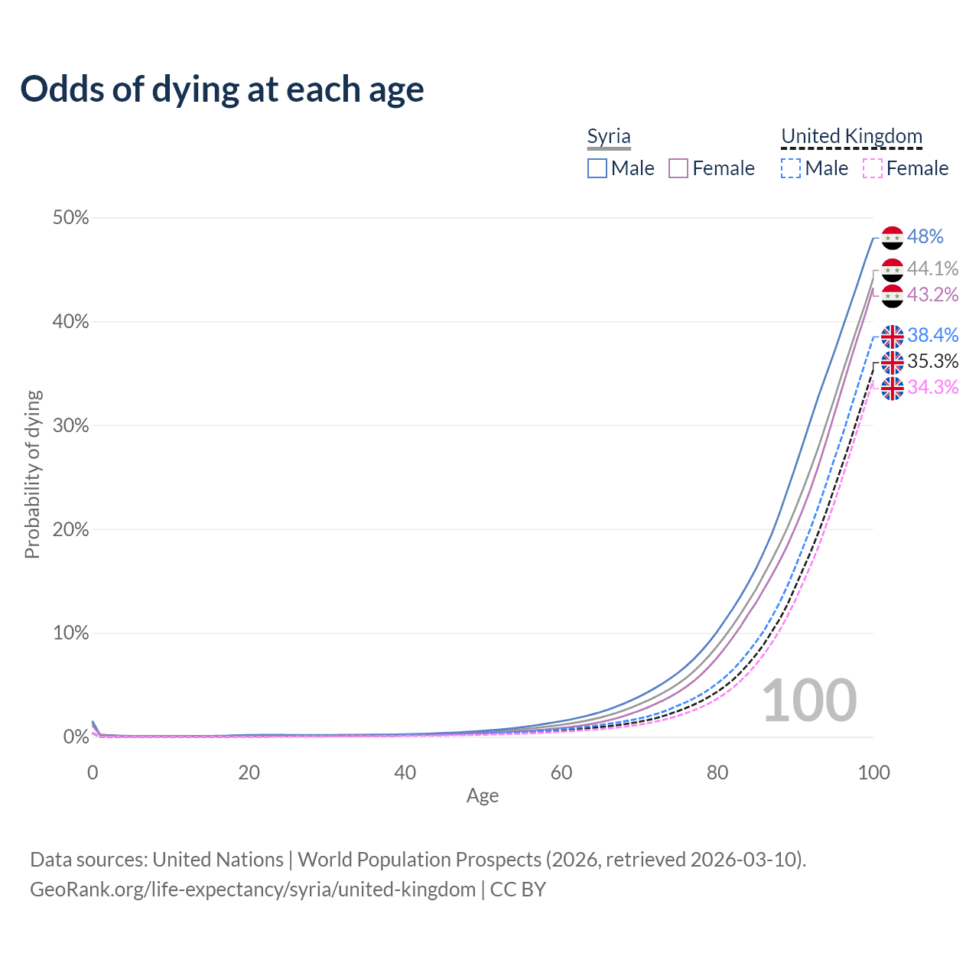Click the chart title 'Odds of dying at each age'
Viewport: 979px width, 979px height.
(222, 89)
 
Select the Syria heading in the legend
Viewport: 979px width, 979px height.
(609, 137)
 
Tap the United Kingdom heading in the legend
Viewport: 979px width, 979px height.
(851, 137)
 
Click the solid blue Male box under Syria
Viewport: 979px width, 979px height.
(597, 168)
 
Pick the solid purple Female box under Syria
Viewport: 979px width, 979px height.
(678, 168)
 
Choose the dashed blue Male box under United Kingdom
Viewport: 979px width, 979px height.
(791, 168)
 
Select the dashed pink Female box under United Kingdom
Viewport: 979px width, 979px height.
(873, 168)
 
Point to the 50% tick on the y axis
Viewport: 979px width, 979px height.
(71, 218)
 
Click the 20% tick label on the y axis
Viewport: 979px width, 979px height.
(71, 529)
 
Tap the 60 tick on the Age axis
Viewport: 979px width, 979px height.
(561, 772)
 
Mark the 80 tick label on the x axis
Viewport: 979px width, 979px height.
(717, 772)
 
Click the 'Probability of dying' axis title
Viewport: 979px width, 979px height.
(32, 474)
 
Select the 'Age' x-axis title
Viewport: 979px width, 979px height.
(483, 795)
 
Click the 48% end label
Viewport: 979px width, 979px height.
(925, 237)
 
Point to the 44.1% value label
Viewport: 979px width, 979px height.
(932, 268)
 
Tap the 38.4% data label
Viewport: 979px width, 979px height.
(932, 335)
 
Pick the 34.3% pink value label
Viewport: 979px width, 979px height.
(932, 387)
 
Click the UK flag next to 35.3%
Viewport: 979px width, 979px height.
(893, 362)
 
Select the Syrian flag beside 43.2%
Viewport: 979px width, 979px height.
(893, 296)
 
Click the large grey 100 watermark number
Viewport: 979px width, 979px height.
(809, 701)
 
